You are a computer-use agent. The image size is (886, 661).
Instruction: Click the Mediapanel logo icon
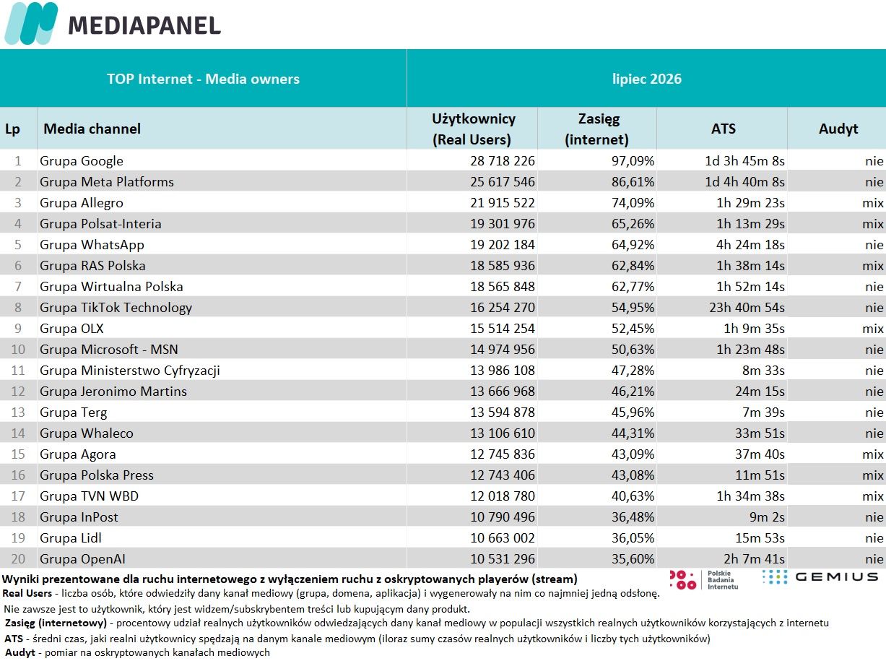coord(31,23)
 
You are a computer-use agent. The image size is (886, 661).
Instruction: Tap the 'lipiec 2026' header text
coord(647,79)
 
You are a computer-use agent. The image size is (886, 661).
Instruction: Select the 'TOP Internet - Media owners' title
coord(203,79)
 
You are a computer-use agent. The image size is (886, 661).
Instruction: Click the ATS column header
coord(724,129)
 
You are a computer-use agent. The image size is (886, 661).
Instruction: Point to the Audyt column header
coord(838,129)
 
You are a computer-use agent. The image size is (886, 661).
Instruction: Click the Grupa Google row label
coord(82,160)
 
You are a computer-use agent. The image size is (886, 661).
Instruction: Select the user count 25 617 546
coord(502,182)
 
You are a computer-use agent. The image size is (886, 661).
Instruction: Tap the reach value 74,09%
coord(633,203)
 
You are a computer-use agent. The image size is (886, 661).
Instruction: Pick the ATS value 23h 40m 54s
coord(747,307)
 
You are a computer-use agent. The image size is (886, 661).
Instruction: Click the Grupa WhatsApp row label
coord(92,245)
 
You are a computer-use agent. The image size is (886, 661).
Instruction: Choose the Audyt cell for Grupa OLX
coord(873,329)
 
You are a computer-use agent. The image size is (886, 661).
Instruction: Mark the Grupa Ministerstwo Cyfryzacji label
coord(130,371)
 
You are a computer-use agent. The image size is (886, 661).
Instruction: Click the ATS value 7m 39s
coord(763,412)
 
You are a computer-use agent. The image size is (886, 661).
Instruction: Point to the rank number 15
coord(18,454)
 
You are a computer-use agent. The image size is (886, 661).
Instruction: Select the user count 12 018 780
coord(502,496)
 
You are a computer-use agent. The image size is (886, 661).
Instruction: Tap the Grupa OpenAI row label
coord(82,559)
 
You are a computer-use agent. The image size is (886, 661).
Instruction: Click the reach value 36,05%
coord(633,538)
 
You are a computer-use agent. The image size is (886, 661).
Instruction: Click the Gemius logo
coord(820,577)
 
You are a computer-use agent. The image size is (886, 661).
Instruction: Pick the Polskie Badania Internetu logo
coord(703,580)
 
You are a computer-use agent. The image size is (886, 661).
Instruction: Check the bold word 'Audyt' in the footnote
coord(19,652)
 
